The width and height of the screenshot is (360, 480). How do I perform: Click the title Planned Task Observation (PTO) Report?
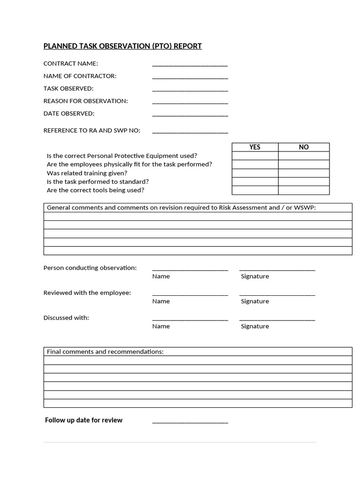point(122,46)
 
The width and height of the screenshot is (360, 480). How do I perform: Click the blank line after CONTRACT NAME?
point(190,65)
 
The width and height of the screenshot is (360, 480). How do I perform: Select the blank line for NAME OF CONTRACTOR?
point(190,77)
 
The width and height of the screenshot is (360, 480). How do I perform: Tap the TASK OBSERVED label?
point(68,88)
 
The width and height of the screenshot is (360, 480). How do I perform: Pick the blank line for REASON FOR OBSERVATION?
point(190,103)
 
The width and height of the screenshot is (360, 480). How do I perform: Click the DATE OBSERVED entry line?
point(190,115)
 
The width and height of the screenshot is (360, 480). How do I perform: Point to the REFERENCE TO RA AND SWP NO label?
point(92,130)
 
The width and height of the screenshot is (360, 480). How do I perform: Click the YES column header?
point(255,147)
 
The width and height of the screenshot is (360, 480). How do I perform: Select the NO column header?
point(304,147)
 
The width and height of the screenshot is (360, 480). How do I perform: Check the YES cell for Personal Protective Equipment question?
point(255,156)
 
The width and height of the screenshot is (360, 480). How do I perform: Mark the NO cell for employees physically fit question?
point(304,164)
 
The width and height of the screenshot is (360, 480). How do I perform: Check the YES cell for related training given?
point(255,173)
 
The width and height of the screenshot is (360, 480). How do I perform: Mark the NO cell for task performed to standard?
point(304,181)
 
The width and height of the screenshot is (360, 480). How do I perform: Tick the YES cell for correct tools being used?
point(255,190)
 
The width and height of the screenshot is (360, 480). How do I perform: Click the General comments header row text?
point(181,208)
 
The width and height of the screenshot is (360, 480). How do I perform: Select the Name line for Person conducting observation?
point(190,270)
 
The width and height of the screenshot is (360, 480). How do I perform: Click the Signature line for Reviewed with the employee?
point(277,294)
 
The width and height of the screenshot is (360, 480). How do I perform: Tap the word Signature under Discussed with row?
point(255,326)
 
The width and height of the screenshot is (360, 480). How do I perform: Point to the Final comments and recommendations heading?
point(105,352)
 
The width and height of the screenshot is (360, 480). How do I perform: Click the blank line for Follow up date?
point(190,422)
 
